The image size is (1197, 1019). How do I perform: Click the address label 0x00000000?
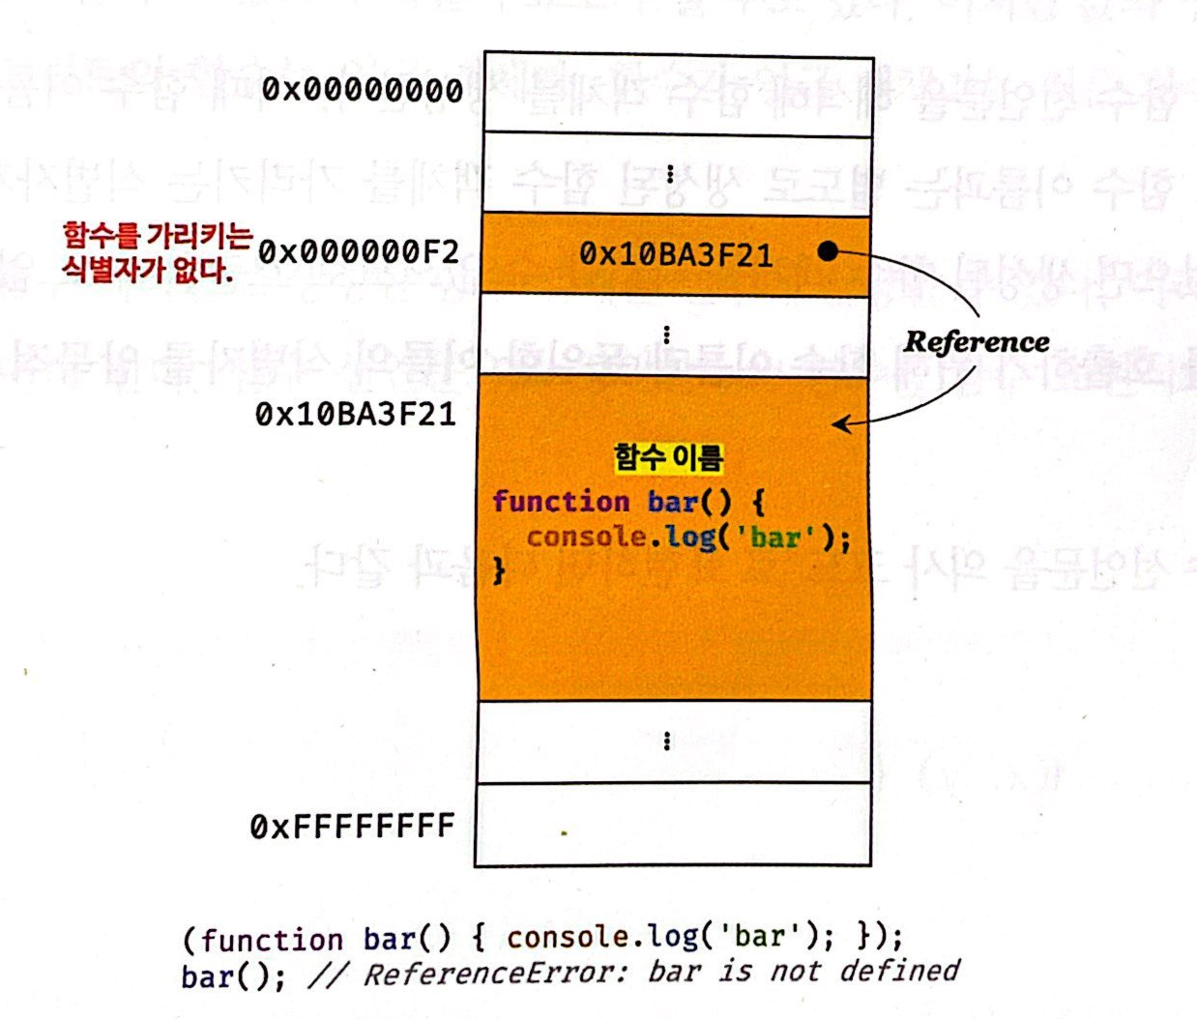[363, 90]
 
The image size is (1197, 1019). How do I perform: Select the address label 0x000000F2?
[359, 252]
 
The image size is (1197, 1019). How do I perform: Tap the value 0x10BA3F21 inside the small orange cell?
[676, 255]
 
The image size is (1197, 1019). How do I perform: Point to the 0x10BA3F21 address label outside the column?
[355, 415]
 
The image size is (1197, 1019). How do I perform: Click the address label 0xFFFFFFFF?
[352, 827]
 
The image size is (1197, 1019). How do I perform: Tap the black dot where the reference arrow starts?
[827, 251]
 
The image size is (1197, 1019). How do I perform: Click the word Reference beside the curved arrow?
[977, 342]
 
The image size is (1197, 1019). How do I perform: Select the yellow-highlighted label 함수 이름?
[668, 457]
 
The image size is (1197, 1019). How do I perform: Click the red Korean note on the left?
[155, 251]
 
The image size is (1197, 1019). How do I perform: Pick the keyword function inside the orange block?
[561, 502]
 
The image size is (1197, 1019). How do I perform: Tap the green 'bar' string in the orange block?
[775, 537]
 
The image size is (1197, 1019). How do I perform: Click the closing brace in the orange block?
[499, 570]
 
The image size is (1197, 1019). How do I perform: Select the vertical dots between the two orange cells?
[667, 335]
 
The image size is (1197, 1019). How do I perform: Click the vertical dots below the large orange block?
[667, 742]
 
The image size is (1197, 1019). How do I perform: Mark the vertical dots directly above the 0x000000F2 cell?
[670, 174]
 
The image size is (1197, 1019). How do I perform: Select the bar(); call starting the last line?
[232, 975]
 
